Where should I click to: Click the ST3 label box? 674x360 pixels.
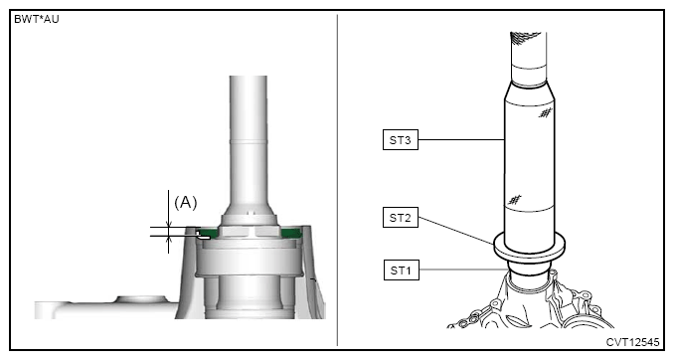click(x=401, y=140)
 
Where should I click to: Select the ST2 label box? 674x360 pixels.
click(x=401, y=217)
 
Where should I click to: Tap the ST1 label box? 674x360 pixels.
click(x=401, y=270)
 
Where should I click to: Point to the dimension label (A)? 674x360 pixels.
click(x=186, y=202)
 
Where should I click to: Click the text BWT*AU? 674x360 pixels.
click(x=37, y=19)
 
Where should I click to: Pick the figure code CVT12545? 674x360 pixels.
click(x=632, y=342)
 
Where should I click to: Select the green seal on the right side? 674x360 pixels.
click(x=290, y=233)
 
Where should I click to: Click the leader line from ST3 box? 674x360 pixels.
click(x=461, y=139)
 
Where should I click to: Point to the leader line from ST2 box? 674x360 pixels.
click(x=456, y=231)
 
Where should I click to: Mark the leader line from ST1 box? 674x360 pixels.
click(x=463, y=270)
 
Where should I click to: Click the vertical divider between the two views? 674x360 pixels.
click(x=337, y=180)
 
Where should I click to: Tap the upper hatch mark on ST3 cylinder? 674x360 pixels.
click(x=546, y=113)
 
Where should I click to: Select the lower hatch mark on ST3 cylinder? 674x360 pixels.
click(x=514, y=200)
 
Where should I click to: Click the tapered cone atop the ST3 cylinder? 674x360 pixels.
click(x=530, y=92)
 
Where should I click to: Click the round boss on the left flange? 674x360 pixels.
click(x=142, y=299)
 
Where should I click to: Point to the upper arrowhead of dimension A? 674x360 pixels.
click(x=169, y=224)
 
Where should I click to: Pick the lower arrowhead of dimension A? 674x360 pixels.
click(x=169, y=239)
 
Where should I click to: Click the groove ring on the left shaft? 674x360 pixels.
click(x=248, y=140)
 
